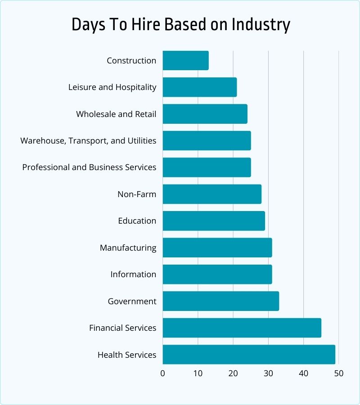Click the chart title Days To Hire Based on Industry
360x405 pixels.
click(x=180, y=25)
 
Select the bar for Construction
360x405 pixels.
click(x=185, y=60)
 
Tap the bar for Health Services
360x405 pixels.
click(x=249, y=355)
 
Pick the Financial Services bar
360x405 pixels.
click(x=242, y=328)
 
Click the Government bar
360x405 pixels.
click(x=220, y=301)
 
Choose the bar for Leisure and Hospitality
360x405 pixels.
click(x=199, y=87)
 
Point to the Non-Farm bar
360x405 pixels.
click(x=212, y=194)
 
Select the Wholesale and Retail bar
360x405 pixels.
click(x=205, y=114)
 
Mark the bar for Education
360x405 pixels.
click(x=214, y=221)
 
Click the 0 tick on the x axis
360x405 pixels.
click(x=162, y=373)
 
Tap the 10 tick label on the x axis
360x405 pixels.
click(x=198, y=373)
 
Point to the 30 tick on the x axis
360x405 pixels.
click(x=268, y=373)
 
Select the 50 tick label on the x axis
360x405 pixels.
click(x=339, y=373)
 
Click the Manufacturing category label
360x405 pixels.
click(x=128, y=247)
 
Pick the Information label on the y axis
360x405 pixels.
click(x=133, y=274)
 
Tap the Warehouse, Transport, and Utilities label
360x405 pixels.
click(x=88, y=141)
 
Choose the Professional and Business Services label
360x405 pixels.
click(x=89, y=167)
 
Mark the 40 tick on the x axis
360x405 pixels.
click(x=304, y=373)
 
